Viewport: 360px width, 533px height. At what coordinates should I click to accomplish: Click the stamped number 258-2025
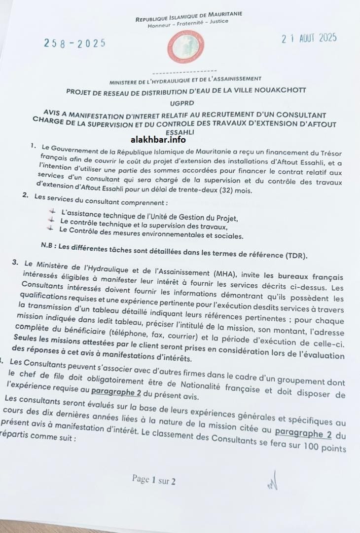tap(75, 43)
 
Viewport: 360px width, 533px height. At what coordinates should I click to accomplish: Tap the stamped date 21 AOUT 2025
tap(309, 38)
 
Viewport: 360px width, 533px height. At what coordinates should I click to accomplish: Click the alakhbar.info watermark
tap(180, 140)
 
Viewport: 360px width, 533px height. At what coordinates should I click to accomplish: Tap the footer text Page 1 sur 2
tap(153, 479)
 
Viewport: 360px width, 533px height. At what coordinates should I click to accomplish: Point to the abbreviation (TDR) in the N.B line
tap(296, 255)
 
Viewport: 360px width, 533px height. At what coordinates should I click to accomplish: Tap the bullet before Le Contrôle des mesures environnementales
tap(49, 228)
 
